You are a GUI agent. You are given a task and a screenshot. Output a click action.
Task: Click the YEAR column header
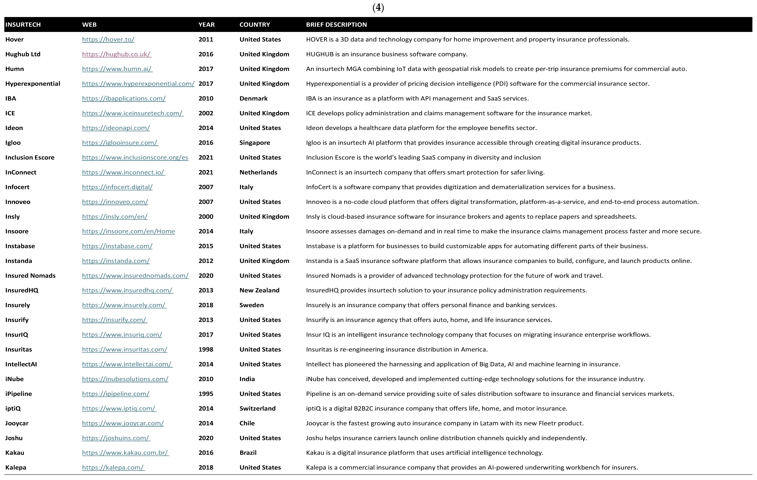206,24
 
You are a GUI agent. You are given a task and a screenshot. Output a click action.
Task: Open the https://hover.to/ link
108,39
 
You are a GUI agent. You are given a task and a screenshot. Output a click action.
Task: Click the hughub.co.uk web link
117,54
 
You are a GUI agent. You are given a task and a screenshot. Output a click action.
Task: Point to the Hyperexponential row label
33,84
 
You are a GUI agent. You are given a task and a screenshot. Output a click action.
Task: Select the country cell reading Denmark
253,98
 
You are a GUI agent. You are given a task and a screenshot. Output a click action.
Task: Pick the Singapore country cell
255,143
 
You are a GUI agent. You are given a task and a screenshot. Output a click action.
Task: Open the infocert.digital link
117,187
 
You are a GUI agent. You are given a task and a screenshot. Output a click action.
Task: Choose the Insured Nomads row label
30,276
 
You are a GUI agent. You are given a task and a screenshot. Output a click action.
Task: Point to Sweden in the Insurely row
251,305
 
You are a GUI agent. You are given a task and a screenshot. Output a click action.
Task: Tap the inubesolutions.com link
125,379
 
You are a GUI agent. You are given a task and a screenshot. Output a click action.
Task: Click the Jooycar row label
17,423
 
